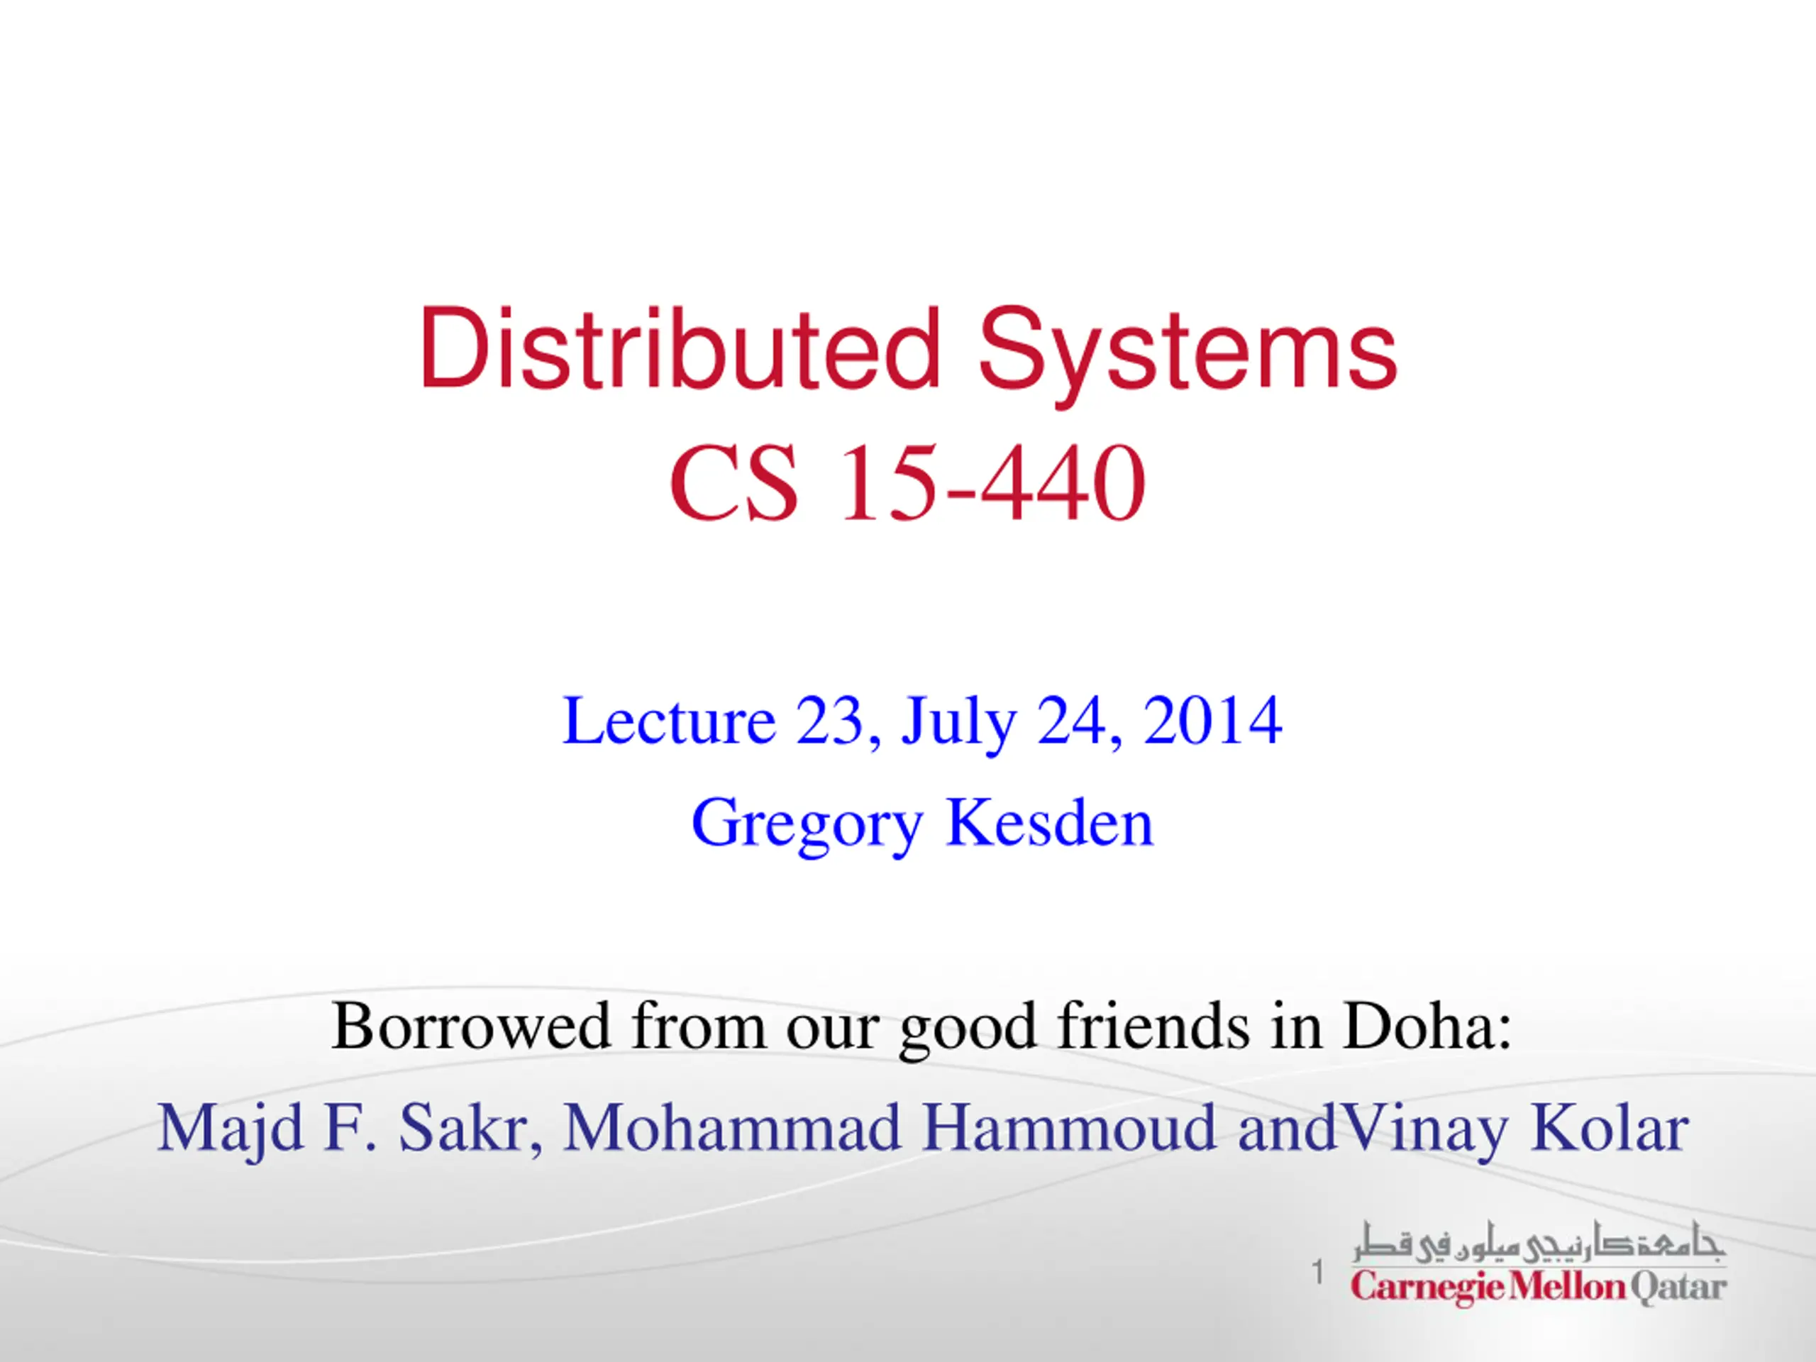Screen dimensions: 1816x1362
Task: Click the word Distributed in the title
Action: (680, 348)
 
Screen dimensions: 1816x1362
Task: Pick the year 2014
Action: (1212, 720)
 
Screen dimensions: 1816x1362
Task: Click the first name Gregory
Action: (807, 824)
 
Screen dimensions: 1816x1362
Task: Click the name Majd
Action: (231, 1129)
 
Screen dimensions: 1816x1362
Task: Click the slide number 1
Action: (1318, 1273)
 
